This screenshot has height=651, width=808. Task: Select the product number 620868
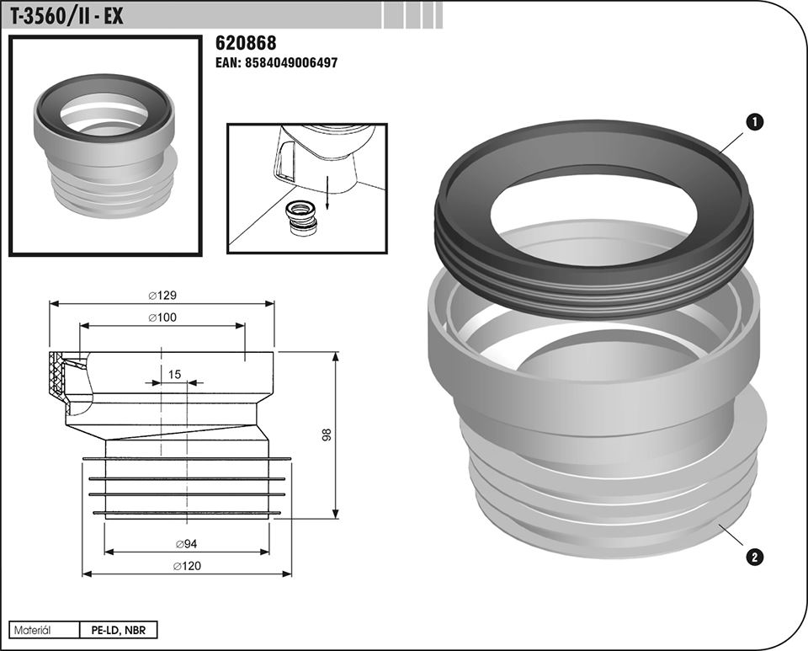[246, 43]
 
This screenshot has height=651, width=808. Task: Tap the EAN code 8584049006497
[276, 63]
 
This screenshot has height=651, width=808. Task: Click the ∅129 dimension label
[162, 296]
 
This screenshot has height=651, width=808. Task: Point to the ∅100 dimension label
[162, 317]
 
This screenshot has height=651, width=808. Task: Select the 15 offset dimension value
[175, 374]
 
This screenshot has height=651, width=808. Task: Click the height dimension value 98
[327, 435]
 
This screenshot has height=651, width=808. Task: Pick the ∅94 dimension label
[187, 544]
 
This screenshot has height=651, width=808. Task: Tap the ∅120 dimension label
[187, 566]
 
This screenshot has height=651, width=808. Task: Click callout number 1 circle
[755, 122]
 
